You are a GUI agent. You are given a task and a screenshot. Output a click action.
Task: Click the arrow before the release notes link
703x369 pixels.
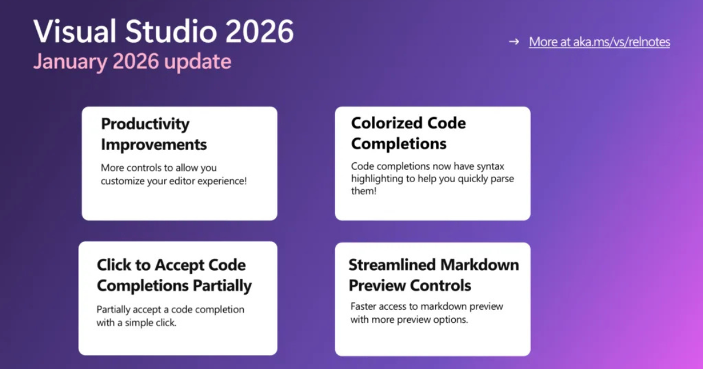[514, 42]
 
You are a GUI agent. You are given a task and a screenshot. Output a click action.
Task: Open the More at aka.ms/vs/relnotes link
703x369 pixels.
[599, 42]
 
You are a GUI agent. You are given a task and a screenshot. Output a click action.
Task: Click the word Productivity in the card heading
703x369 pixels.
[145, 124]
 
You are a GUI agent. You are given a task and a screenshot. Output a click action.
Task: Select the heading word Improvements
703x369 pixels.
[153, 144]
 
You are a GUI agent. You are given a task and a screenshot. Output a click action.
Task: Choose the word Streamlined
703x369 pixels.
[392, 265]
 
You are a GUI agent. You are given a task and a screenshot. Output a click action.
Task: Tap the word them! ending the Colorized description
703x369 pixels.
[364, 192]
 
